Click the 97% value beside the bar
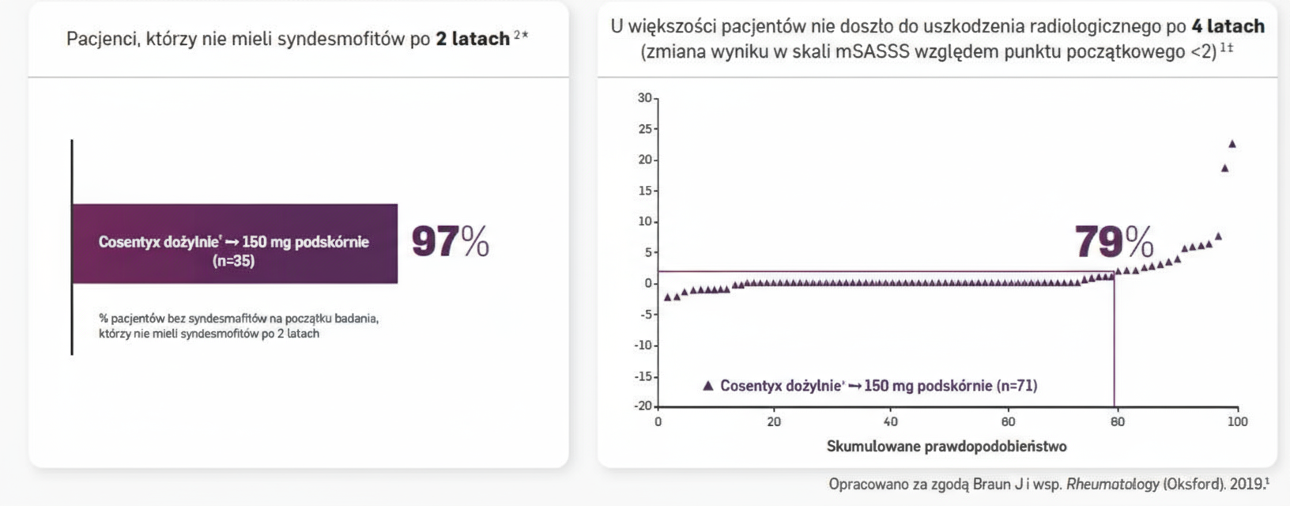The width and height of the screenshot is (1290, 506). pyautogui.click(x=450, y=242)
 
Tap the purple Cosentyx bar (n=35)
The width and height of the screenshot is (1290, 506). pyautogui.click(x=235, y=244)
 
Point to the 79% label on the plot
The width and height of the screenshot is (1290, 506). pyautogui.click(x=1113, y=242)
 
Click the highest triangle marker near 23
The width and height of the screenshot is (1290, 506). pyautogui.click(x=1232, y=144)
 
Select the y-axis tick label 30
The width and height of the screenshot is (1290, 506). pyautogui.click(x=645, y=98)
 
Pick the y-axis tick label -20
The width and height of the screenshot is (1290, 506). pyautogui.click(x=643, y=406)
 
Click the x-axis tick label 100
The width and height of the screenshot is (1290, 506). pyautogui.click(x=1237, y=422)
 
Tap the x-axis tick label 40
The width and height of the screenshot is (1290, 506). pyautogui.click(x=891, y=422)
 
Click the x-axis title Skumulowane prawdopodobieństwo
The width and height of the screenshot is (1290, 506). pyautogui.click(x=946, y=447)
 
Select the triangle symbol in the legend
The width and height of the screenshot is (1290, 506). pyautogui.click(x=708, y=386)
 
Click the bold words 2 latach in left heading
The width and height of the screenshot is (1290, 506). pyautogui.click(x=473, y=39)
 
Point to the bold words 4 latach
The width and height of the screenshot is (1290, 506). pyautogui.click(x=1228, y=26)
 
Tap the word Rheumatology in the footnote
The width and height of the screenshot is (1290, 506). pyautogui.click(x=1113, y=484)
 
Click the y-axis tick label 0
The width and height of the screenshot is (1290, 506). pyautogui.click(x=648, y=283)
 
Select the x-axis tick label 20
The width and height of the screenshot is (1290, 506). pyautogui.click(x=774, y=422)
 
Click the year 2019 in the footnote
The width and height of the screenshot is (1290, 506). pyautogui.click(x=1248, y=484)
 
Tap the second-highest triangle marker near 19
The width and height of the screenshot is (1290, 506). pyautogui.click(x=1224, y=168)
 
